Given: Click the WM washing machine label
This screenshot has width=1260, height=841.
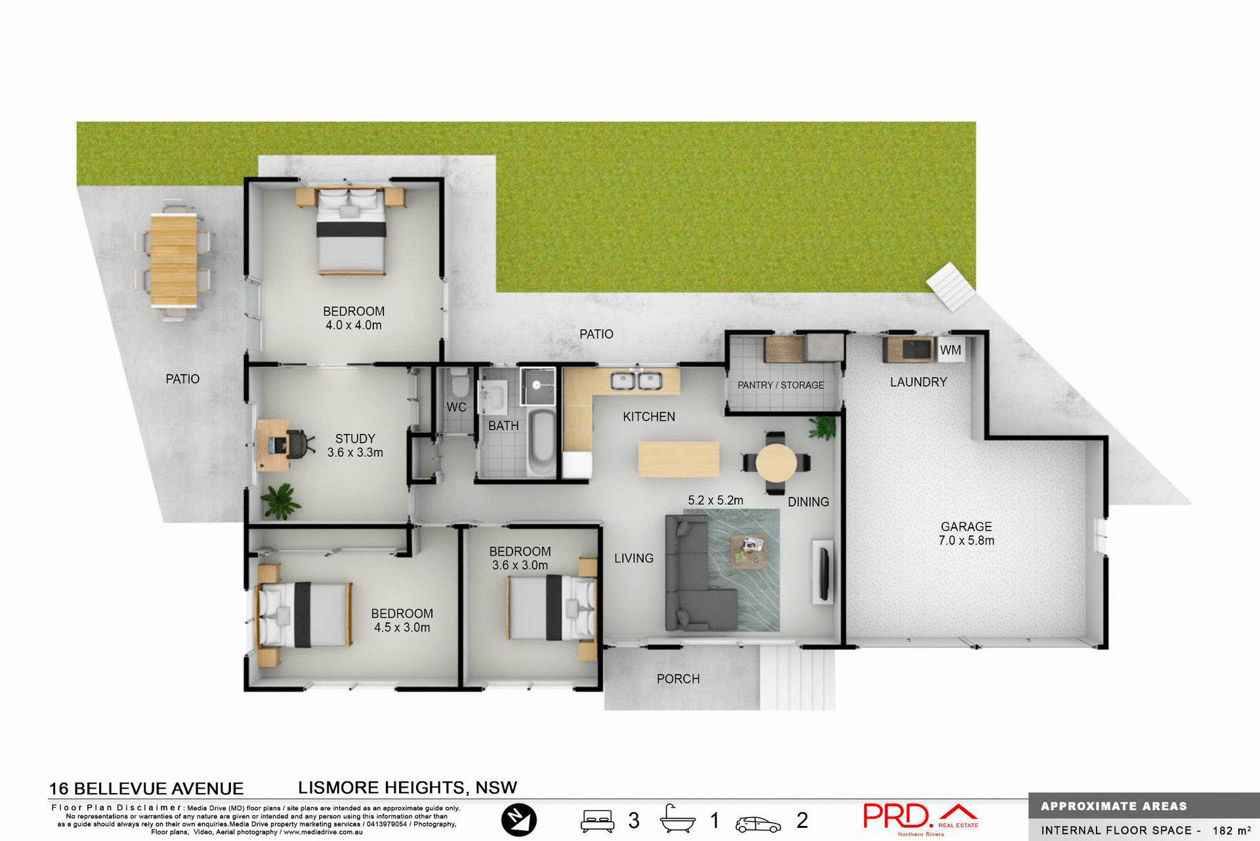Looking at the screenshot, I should click(x=950, y=351).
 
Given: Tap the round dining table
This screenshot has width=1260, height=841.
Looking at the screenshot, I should click(x=776, y=462).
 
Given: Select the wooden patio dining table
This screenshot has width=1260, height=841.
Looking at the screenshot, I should click(x=174, y=260).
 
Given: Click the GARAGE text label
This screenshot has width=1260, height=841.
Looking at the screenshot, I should click(x=966, y=527).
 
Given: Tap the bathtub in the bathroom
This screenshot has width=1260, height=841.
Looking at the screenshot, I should click(x=541, y=443).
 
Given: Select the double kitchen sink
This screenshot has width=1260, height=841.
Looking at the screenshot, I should click(x=636, y=380).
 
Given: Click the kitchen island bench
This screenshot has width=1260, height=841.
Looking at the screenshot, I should click(x=679, y=459).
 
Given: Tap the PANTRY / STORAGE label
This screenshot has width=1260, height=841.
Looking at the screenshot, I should click(x=780, y=385).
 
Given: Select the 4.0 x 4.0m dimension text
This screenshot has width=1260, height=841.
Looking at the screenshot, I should click(x=353, y=325).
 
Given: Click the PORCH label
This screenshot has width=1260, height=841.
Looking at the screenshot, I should click(x=678, y=679).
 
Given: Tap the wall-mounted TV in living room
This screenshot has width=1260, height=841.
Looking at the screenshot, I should click(x=824, y=571).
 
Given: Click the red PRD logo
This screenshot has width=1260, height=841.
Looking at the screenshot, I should click(x=896, y=816).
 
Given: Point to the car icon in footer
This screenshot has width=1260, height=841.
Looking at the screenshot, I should click(x=758, y=824).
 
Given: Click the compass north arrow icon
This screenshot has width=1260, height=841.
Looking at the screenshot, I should click(x=518, y=820).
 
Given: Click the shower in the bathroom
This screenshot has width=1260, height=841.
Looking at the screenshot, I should click(x=537, y=385).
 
